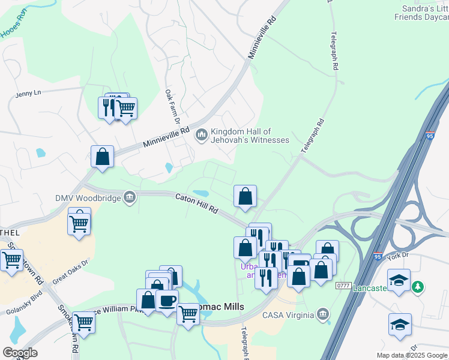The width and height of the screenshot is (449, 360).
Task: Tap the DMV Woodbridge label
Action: (88, 197)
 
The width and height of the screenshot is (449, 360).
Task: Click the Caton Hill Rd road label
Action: (197, 205)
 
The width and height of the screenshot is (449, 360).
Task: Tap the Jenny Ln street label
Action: (28, 93)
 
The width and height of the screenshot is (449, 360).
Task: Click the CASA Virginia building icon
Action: (323, 314)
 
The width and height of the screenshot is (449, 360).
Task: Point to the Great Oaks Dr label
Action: (70, 271)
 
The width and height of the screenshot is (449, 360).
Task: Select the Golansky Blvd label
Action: (23, 298)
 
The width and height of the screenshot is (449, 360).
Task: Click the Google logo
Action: (20, 353)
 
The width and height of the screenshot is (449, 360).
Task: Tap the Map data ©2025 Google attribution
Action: (411, 355)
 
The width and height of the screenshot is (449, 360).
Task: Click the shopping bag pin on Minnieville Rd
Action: (103, 157)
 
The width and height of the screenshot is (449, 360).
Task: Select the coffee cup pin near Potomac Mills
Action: (167, 299)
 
